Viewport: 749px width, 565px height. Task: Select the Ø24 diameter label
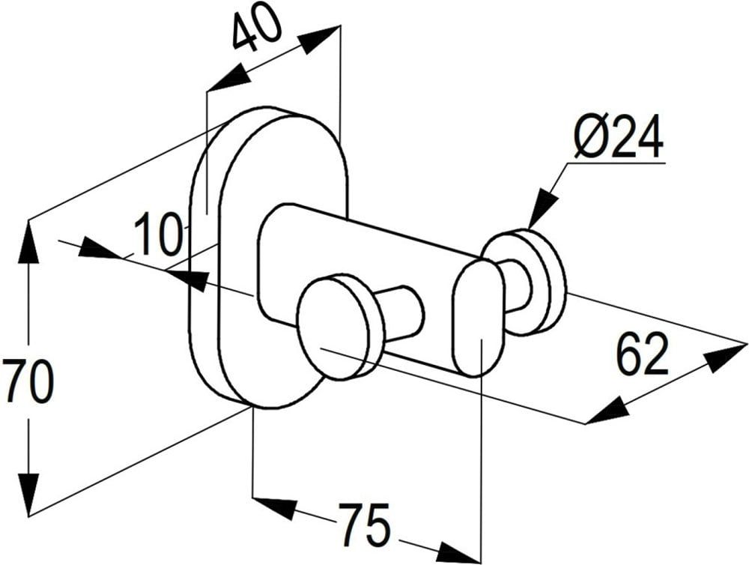pyautogui.click(x=619, y=138)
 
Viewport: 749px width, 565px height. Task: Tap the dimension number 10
pyautogui.click(x=158, y=233)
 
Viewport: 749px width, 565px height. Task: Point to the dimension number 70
pyautogui.click(x=28, y=381)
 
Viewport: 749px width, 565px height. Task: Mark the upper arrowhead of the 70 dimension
pyautogui.click(x=28, y=240)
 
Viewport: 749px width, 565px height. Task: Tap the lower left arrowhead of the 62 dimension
pyautogui.click(x=607, y=411)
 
